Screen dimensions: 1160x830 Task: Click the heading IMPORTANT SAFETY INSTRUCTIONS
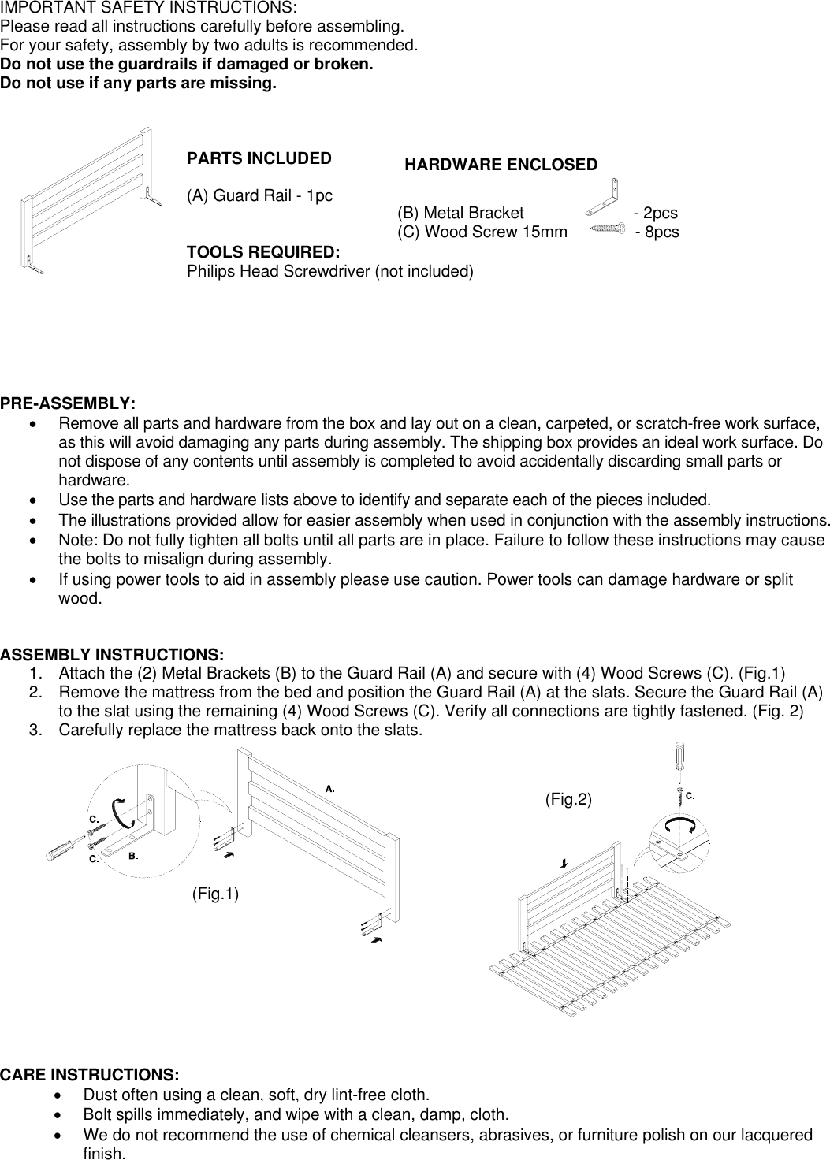tap(148, 8)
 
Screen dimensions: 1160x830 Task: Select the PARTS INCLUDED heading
tap(259, 158)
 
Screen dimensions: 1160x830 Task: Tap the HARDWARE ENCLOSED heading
tap(501, 165)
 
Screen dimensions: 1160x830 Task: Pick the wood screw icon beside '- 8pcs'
tap(608, 229)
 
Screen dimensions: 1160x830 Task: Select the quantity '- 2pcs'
tap(655, 214)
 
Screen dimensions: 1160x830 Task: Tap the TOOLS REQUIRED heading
tap(262, 253)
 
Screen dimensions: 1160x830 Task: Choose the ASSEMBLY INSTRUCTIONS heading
tap(113, 655)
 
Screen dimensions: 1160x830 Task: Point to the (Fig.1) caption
tap(216, 894)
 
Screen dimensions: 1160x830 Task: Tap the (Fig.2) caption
tap(568, 799)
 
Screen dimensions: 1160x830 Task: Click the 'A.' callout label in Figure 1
tap(331, 787)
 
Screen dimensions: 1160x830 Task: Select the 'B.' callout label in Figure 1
tap(133, 856)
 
